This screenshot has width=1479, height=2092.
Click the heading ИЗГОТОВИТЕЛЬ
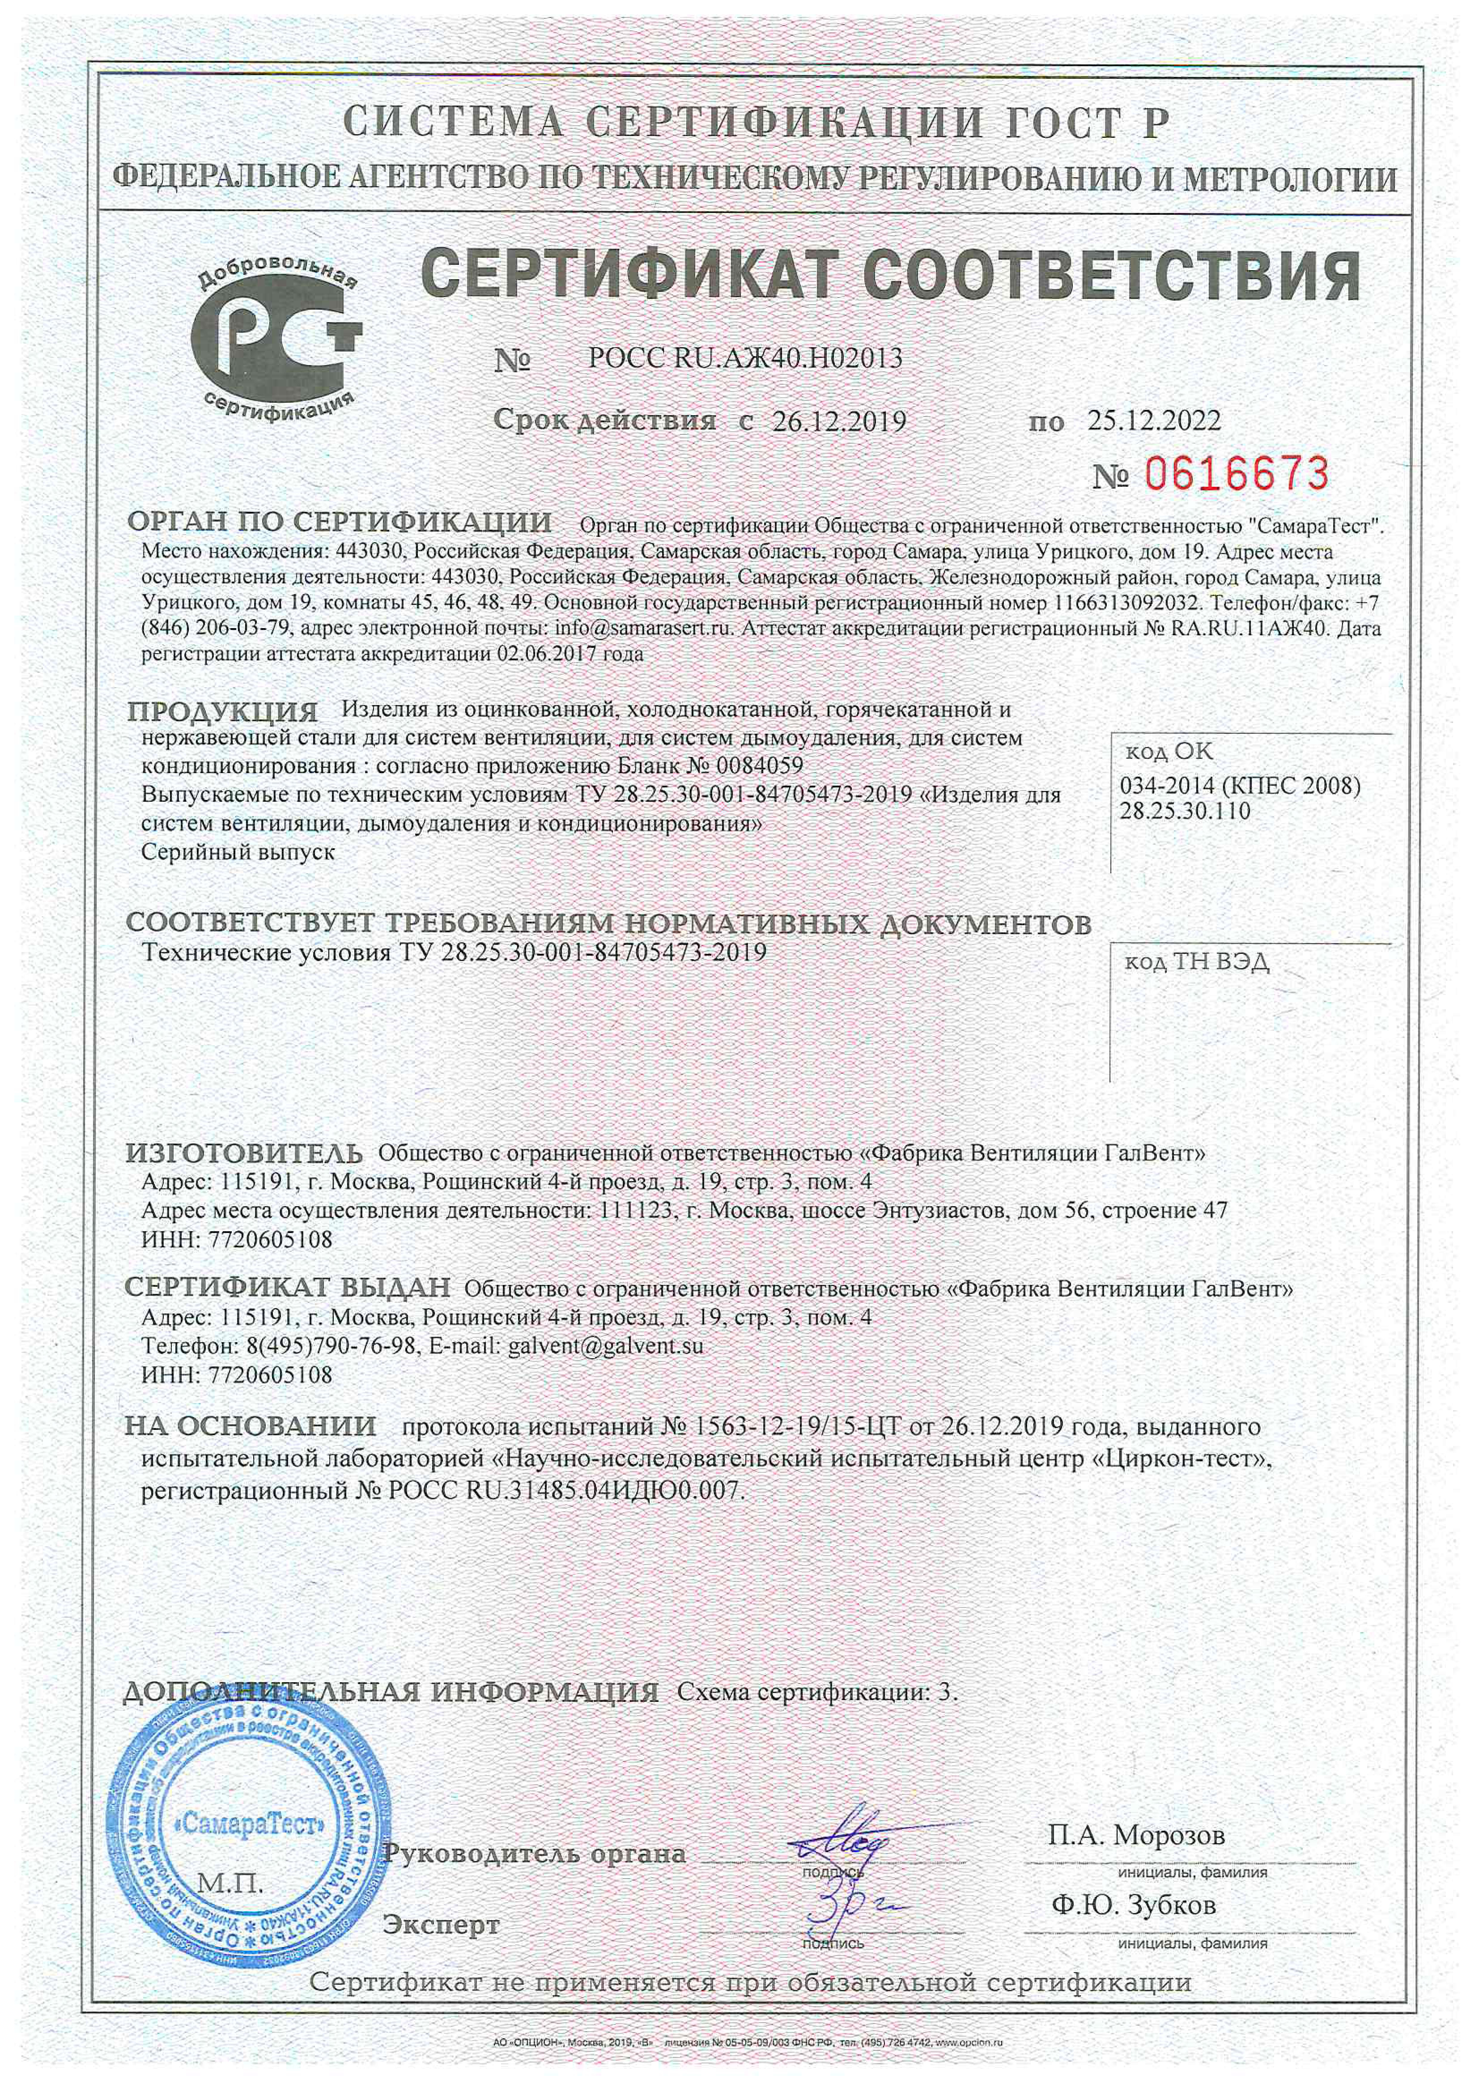pos(243,1153)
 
